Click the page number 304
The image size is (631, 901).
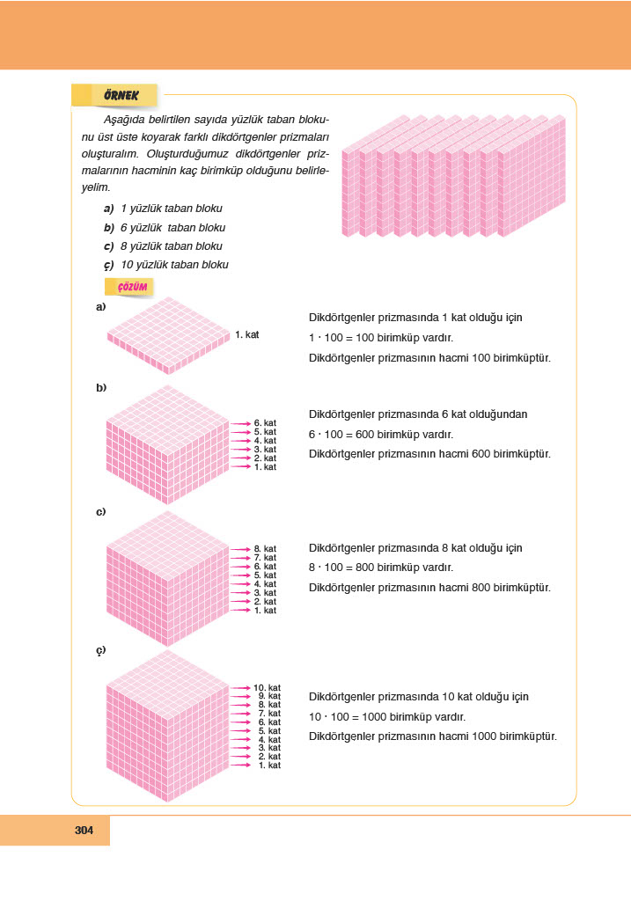coord(84,831)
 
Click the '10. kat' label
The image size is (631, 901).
coord(267,687)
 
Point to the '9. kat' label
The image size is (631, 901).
coord(268,696)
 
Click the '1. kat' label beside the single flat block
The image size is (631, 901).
coord(247,334)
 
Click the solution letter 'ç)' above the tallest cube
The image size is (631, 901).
coord(101,650)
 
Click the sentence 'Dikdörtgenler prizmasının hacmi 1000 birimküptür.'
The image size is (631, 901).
coord(433,736)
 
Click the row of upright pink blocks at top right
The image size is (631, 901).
coord(452,176)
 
